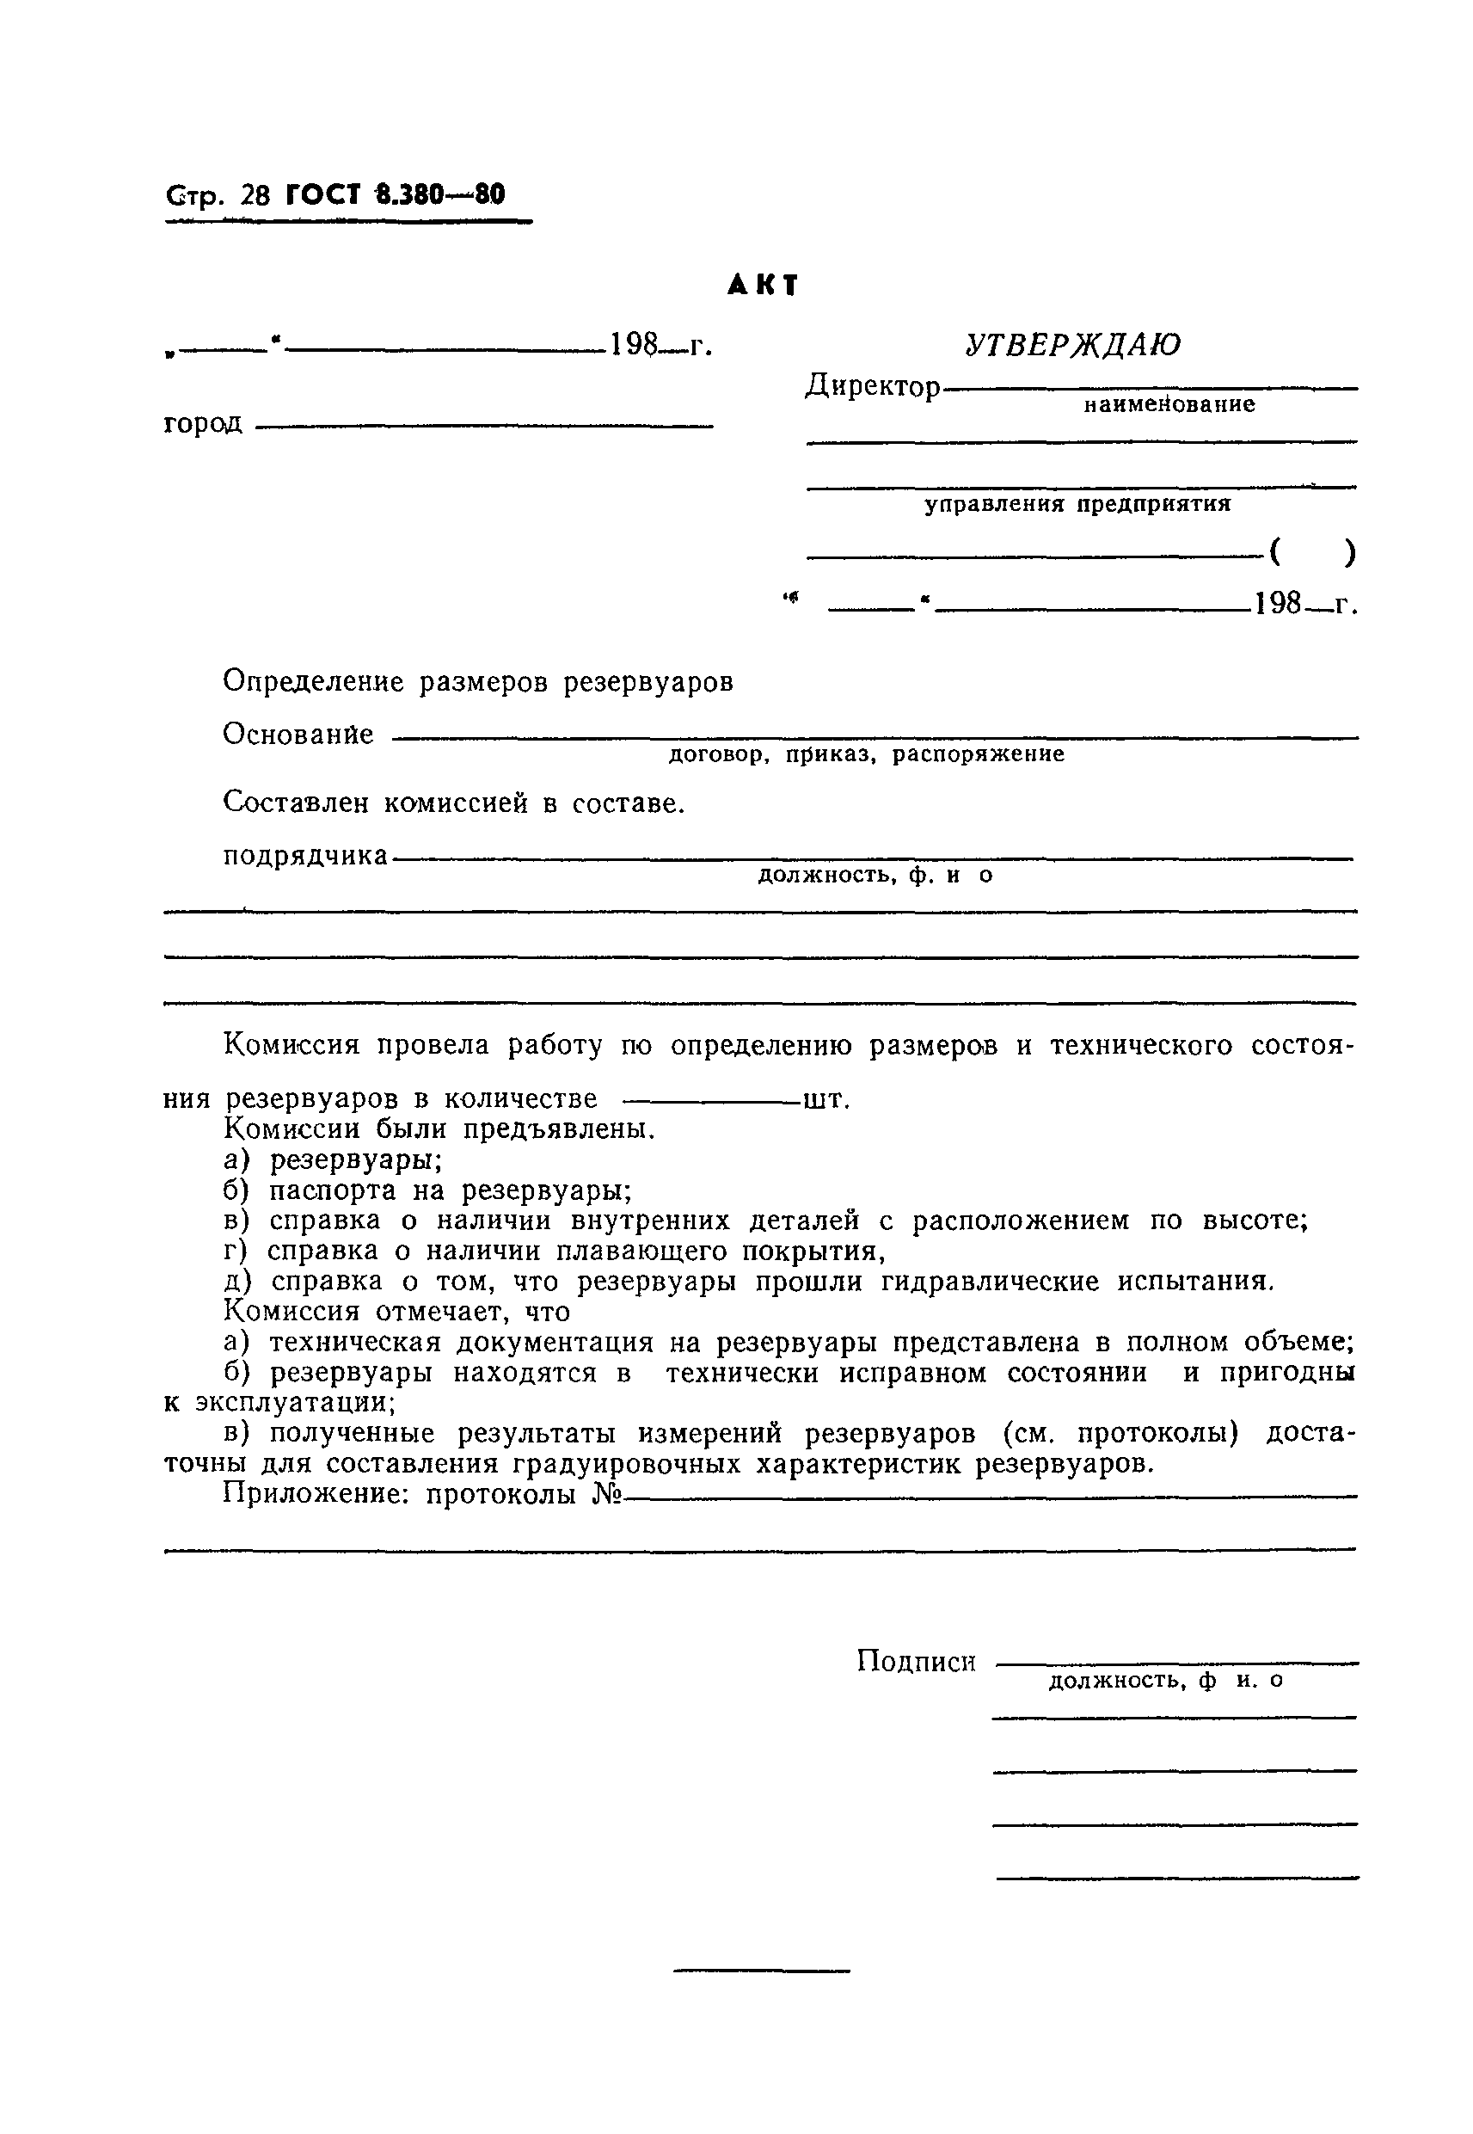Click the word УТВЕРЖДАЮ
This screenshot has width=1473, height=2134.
(1072, 345)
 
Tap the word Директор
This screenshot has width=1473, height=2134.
(872, 386)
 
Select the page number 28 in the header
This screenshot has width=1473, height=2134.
(255, 195)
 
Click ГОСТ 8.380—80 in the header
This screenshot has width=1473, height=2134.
(396, 194)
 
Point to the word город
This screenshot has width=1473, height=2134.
(203, 424)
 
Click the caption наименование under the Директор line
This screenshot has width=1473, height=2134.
(1169, 404)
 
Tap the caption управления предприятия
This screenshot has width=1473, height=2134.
(1078, 504)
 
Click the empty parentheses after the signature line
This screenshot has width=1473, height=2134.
(1311, 552)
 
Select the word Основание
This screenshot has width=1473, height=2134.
(298, 735)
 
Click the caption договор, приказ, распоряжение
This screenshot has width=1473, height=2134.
(866, 755)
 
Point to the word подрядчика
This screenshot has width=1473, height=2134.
(305, 856)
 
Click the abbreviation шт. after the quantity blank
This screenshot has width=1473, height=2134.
(826, 1099)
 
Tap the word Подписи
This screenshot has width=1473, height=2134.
(916, 1662)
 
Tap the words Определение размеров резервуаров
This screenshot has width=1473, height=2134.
(478, 682)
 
